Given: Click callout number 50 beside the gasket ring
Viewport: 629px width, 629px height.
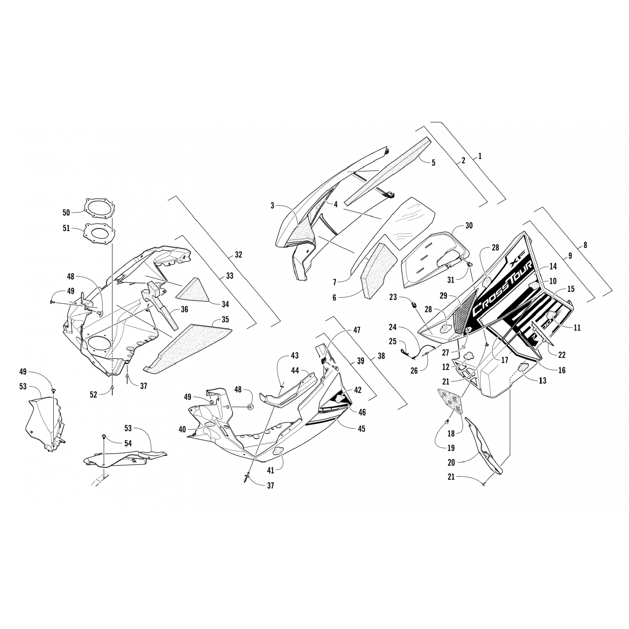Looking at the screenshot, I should click(66, 213).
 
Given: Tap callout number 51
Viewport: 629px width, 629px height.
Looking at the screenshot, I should click(66, 229).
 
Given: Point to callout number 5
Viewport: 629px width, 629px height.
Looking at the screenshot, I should click(434, 163).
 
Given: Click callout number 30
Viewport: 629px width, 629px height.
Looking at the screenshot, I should click(469, 226).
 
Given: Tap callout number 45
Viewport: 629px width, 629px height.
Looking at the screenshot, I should click(361, 429).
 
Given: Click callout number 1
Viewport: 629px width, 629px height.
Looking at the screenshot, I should click(480, 156).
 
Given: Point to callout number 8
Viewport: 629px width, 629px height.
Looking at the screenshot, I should click(585, 245).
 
